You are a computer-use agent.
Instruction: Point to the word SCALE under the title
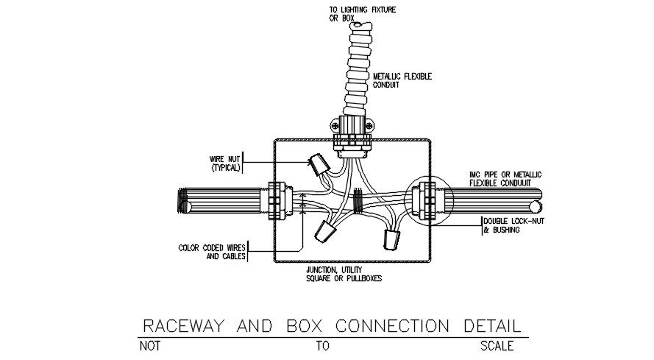click(x=497, y=346)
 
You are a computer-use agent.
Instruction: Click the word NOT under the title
click(x=150, y=346)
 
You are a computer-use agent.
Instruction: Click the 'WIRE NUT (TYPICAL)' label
click(x=226, y=163)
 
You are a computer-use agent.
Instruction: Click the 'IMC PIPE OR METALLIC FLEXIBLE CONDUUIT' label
click(x=505, y=178)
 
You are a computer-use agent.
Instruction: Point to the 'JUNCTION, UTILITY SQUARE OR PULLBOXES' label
click(x=344, y=274)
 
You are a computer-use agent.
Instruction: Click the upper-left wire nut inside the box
click(x=318, y=163)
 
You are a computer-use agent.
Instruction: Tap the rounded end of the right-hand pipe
click(x=541, y=200)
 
